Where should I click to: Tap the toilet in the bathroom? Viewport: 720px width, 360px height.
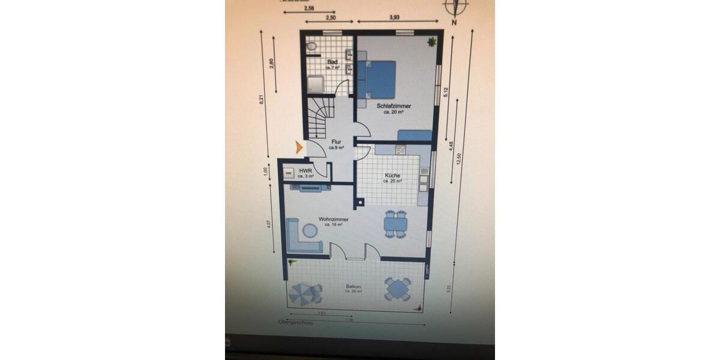coord(311,46)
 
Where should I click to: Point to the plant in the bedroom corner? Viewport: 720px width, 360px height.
coord(431,41)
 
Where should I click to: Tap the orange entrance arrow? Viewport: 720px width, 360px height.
coord(299,145)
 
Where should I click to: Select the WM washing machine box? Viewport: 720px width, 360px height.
coord(289,174)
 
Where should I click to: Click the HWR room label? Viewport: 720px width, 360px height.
coord(305,171)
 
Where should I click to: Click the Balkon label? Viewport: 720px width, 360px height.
coord(353,287)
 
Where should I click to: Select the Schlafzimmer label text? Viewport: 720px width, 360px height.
coord(394,106)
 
